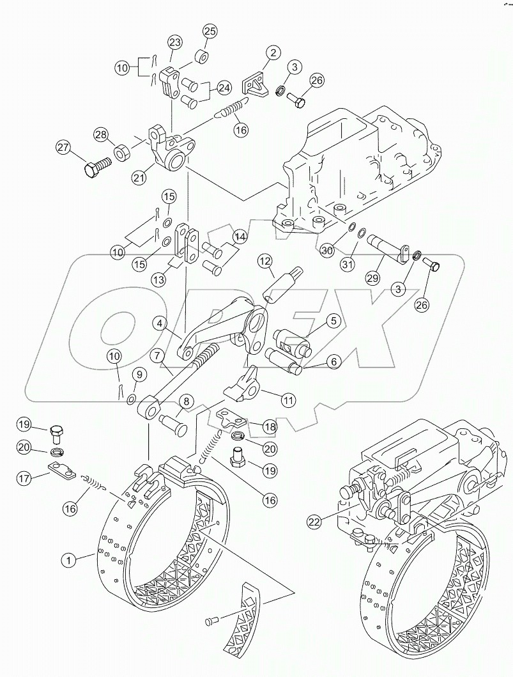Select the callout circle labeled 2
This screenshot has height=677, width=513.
tap(273, 53)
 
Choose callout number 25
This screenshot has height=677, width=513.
tap(210, 31)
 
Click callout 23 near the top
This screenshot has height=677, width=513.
tap(174, 42)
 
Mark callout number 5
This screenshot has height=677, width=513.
tap(333, 320)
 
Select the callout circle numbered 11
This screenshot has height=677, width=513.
tap(288, 400)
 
